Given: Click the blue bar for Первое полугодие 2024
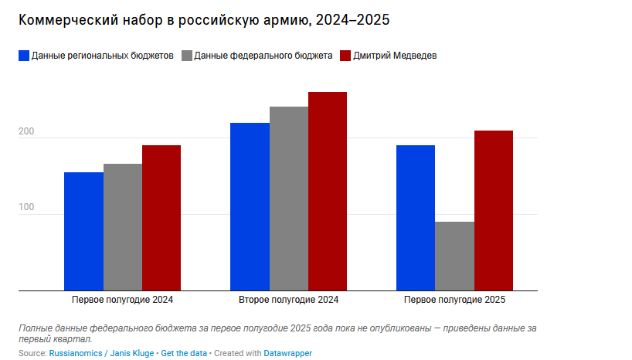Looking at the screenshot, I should [83, 231].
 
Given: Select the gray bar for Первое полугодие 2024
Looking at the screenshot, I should [123, 227].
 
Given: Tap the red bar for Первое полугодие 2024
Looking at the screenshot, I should [161, 218].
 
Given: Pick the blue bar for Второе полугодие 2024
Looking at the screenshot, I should [250, 206].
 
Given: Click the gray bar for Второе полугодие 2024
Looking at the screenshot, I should [289, 199].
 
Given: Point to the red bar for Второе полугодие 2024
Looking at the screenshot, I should [328, 191].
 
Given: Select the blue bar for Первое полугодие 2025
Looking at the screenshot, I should [416, 218].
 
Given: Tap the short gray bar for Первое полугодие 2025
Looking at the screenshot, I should [454, 256].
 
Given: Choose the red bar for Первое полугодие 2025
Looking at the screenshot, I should [494, 210].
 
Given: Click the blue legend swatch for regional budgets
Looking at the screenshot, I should [23, 56].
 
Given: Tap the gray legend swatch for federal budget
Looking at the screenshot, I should [186, 56].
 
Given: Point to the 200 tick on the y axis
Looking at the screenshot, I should [27, 132].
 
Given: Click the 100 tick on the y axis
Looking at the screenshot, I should [27, 209].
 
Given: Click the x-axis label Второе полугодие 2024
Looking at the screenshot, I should [288, 300].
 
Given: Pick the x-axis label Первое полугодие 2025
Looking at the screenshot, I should [454, 300].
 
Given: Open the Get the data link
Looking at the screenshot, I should [184, 353].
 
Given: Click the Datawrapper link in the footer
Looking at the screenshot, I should [288, 353].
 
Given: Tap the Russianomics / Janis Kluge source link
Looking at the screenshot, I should [101, 353].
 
